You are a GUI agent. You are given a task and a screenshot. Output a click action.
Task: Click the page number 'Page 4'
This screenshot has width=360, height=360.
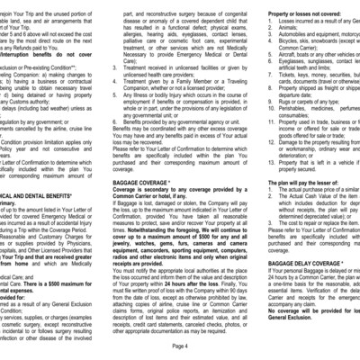click(180, 345)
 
